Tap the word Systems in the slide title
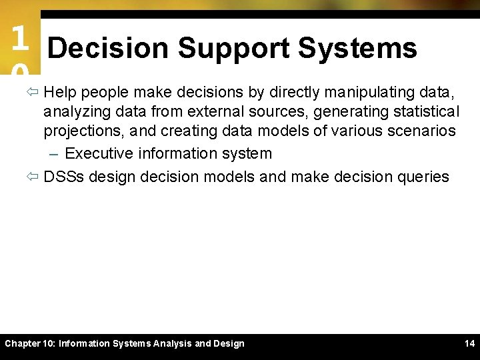click(x=357, y=49)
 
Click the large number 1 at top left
click(x=19, y=39)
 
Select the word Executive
click(x=99, y=153)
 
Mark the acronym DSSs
click(x=64, y=177)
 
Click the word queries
click(x=423, y=177)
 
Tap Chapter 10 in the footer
click(x=30, y=344)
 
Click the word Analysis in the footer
click(x=172, y=344)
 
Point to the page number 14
click(x=469, y=344)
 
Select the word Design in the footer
click(x=228, y=344)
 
